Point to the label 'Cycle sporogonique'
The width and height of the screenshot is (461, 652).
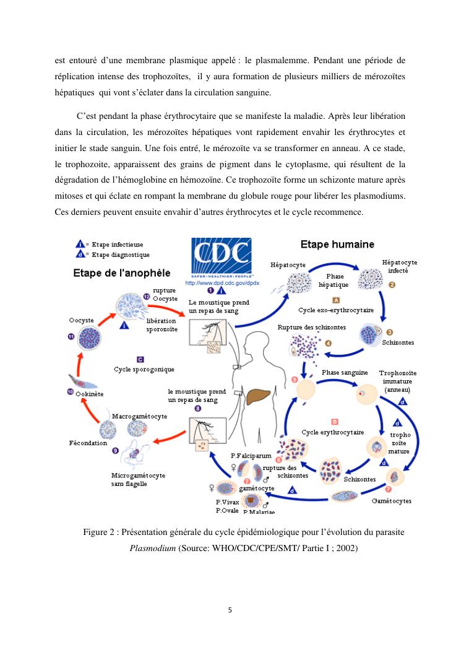(144, 369)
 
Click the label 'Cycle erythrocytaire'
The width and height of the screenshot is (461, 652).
(332, 432)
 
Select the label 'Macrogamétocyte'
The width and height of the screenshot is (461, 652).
(139, 417)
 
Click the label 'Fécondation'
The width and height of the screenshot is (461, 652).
(88, 443)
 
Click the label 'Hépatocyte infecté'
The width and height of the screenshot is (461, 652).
(399, 266)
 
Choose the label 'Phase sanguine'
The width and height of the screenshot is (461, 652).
(345, 372)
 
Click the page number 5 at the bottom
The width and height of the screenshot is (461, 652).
(230, 610)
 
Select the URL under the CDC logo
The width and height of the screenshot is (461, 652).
(222, 282)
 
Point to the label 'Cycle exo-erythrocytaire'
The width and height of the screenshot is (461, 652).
(336, 310)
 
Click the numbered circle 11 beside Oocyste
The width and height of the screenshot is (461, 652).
(71, 336)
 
